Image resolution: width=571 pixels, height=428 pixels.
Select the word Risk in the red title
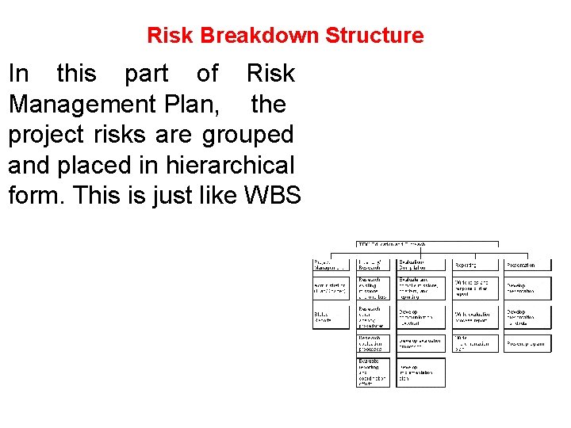[171, 36]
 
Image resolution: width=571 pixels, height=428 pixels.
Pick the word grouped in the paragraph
[248, 134]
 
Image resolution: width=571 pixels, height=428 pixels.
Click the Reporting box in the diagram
[474, 265]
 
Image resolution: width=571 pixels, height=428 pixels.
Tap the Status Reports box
[330, 317]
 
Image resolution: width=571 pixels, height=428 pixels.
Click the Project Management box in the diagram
[330, 265]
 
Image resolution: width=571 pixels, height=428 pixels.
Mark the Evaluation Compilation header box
[420, 265]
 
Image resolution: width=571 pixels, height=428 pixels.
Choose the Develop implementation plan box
[420, 373]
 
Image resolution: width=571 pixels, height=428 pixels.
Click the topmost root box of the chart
[427, 244]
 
